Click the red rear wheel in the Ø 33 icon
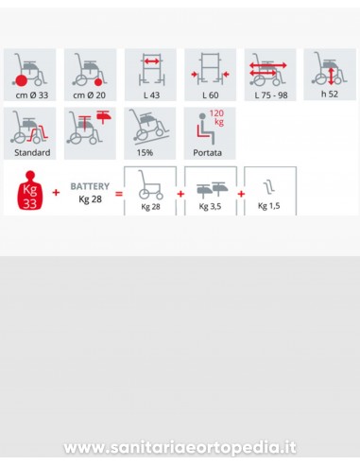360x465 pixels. pos(21,81)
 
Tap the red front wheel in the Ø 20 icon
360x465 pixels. pos(98,82)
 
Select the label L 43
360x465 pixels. pos(151,95)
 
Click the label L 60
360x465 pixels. pos(210,95)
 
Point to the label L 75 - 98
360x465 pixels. pos(271,95)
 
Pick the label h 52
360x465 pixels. pos(330,94)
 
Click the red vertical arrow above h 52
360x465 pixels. pos(331,77)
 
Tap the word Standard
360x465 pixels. pos(32,153)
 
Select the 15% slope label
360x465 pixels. pos(145,153)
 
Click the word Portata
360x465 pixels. pos(207,153)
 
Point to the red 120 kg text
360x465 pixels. pos(216,117)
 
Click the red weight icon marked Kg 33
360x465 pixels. pos(30,190)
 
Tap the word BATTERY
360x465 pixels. pos(90,186)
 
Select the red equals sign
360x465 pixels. pos(119,194)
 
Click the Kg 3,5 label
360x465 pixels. pos(210,206)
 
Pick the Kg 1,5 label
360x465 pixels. pos(268,206)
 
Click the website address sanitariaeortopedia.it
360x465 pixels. pos(180,447)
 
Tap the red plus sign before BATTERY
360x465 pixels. pos(56,192)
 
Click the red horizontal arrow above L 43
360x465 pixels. pos(152,61)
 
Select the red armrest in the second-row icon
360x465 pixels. pos(104,117)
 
